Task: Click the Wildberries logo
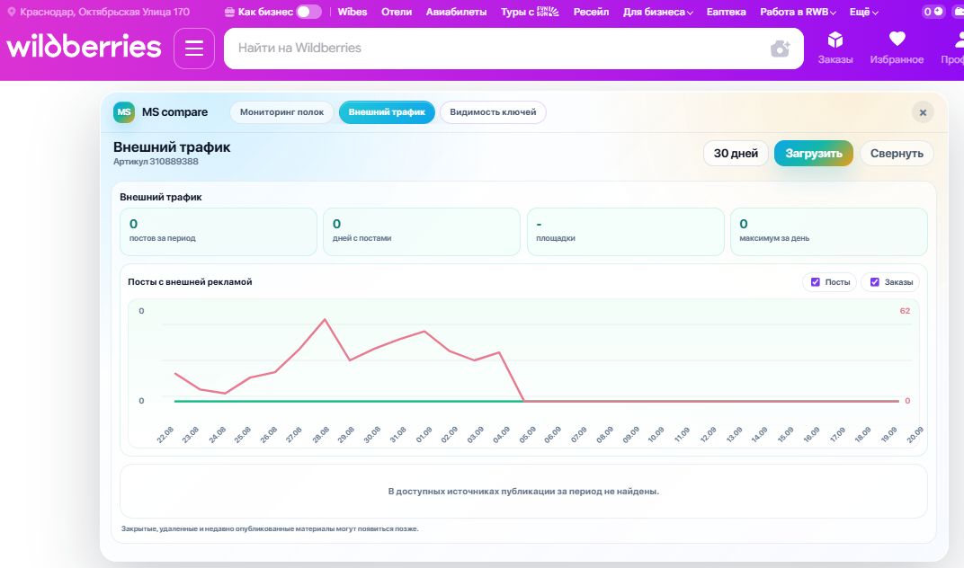[x=84, y=47]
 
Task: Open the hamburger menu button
[x=194, y=48]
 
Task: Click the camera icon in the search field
[x=781, y=49]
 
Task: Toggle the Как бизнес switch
[x=308, y=12]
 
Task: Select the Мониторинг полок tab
[x=281, y=112]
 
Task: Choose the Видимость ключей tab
[x=493, y=112]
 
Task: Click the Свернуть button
[x=897, y=154]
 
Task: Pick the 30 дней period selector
[x=736, y=154]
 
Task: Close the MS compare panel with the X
[x=923, y=112]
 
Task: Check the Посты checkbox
[x=816, y=282]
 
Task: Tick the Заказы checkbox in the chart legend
[x=875, y=282]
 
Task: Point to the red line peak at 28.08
[x=325, y=320]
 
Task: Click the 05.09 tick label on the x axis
[x=528, y=435]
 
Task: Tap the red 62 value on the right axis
[x=905, y=311]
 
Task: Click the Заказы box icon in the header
[x=835, y=40]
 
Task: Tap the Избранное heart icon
[x=897, y=39]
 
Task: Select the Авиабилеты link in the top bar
[x=456, y=12]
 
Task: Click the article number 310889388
[x=174, y=162]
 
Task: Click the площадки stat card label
[x=556, y=238]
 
